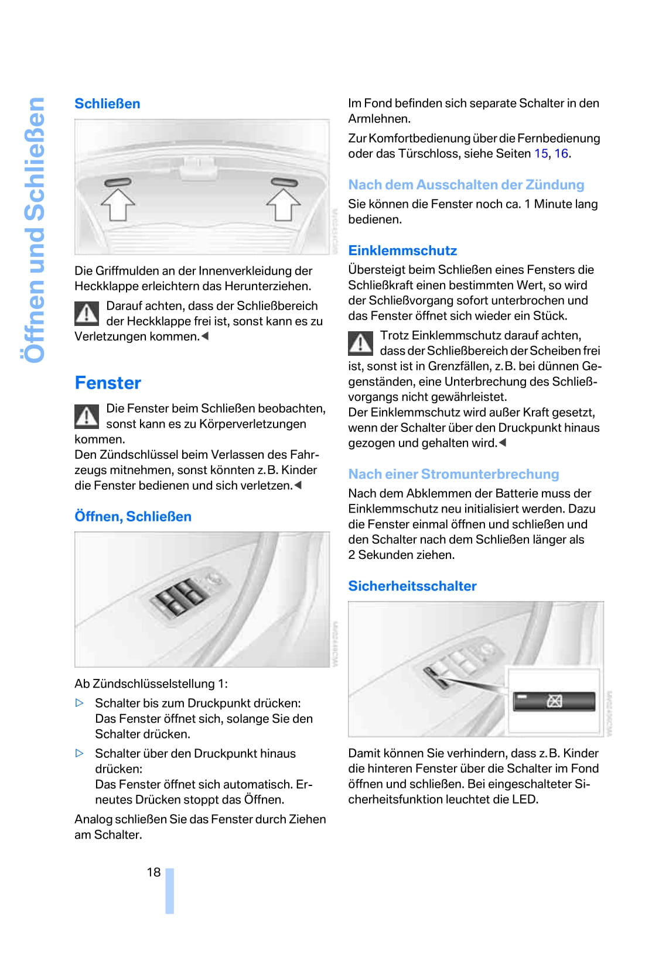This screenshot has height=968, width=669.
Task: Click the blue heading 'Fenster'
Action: click(108, 383)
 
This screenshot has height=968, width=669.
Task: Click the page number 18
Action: click(153, 873)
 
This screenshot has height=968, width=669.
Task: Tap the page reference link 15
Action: click(541, 154)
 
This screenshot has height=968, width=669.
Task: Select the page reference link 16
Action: click(561, 154)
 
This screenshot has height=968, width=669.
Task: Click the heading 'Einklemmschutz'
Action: click(402, 250)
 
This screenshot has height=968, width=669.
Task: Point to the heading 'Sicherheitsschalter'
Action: click(412, 586)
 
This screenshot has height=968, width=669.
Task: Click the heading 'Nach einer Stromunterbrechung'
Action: click(453, 474)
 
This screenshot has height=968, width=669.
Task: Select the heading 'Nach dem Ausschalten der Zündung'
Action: click(466, 185)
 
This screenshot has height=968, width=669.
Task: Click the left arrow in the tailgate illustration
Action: click(118, 204)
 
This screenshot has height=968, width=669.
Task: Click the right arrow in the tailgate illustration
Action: click(284, 204)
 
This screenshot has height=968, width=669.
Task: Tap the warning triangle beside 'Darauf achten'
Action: click(87, 314)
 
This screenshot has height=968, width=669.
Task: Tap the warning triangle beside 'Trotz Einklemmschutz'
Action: click(360, 344)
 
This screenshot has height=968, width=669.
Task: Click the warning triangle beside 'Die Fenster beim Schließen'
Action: click(87, 416)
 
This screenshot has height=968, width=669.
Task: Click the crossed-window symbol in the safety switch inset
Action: click(554, 701)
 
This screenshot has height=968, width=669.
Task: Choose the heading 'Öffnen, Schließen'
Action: click(133, 517)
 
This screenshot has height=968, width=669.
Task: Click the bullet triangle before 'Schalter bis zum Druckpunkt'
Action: click(80, 703)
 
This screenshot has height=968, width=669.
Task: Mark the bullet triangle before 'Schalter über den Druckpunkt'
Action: click(80, 753)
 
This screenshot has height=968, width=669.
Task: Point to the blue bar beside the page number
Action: click(169, 891)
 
